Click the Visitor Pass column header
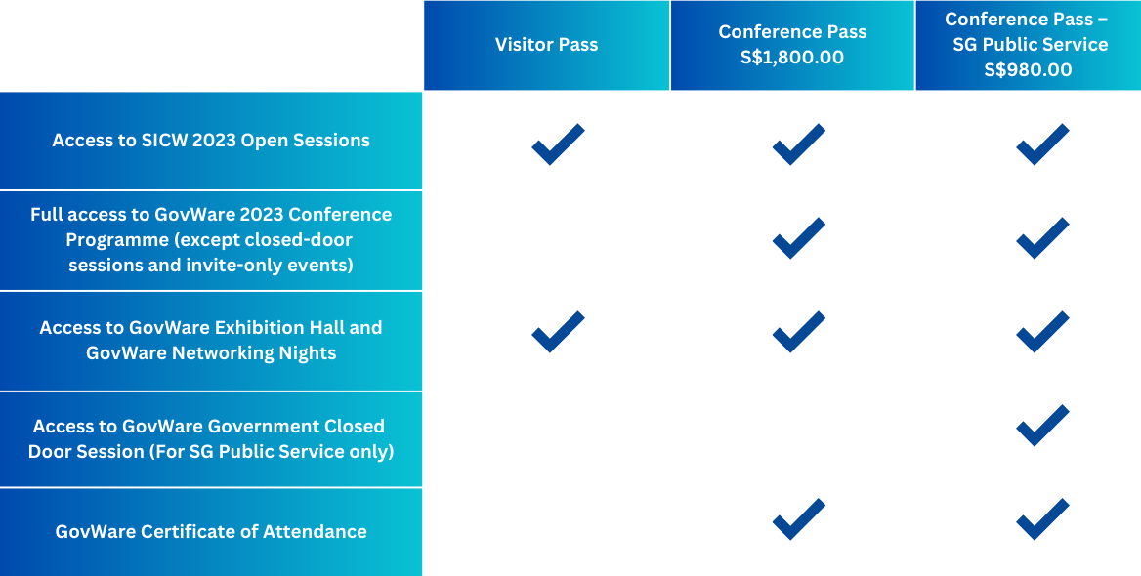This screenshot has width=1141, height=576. point(546,45)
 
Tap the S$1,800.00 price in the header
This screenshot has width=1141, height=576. point(792,58)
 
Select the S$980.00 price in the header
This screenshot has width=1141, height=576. point(1029,70)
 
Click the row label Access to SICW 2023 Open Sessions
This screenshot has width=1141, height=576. point(211,141)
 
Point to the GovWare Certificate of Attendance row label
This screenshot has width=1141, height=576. point(211,532)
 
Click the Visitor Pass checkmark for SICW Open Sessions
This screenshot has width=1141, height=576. point(558,144)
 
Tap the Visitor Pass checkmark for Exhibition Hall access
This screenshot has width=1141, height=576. point(558,332)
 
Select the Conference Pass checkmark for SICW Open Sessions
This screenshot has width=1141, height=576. point(799,144)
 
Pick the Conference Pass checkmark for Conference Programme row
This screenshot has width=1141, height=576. point(799,238)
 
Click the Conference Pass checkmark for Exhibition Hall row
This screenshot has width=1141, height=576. point(799,332)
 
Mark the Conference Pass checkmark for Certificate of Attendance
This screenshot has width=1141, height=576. point(799,519)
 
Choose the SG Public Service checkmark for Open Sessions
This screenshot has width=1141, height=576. point(1042,144)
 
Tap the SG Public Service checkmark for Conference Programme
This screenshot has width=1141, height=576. point(1042,238)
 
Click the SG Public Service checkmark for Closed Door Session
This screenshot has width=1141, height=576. point(1042,426)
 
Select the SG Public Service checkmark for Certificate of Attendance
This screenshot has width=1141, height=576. point(1042,519)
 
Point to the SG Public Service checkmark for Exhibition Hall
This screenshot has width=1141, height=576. point(1042,332)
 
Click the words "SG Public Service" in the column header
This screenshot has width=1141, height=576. point(1031,44)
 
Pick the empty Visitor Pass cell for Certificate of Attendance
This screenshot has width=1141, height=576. point(546,532)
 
